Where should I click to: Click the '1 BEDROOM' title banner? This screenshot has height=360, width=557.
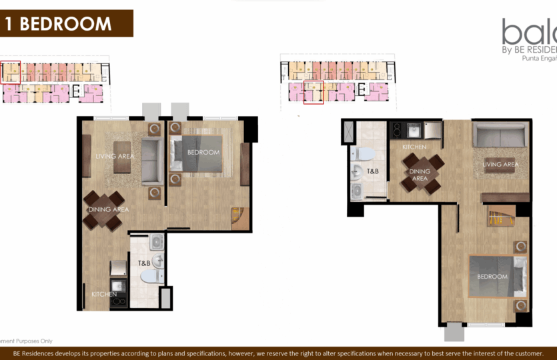(x=66, y=23)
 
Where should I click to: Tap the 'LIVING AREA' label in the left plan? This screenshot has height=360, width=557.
(x=115, y=156)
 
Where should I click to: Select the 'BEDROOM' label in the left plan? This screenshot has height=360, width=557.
(x=203, y=153)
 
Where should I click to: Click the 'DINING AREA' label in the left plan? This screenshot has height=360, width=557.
(x=108, y=209)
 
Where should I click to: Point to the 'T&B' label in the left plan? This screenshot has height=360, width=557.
(x=145, y=263)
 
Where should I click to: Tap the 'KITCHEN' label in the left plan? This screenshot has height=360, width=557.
(x=105, y=294)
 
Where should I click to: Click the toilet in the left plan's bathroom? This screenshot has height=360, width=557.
(x=151, y=275)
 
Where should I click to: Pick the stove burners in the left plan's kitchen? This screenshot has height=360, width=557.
(x=120, y=301)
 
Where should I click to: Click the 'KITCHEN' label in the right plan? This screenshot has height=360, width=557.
(x=414, y=147)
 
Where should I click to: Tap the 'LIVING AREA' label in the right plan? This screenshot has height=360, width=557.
(x=500, y=165)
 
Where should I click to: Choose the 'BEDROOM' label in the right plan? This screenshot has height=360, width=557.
(x=492, y=276)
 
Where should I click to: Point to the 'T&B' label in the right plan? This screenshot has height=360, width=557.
(x=374, y=171)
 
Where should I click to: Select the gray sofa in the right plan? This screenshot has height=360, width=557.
(x=500, y=135)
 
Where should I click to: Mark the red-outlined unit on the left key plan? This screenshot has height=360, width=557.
(x=10, y=72)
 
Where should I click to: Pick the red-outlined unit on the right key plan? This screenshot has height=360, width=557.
(x=314, y=93)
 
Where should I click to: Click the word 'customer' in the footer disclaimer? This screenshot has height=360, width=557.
(x=526, y=353)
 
